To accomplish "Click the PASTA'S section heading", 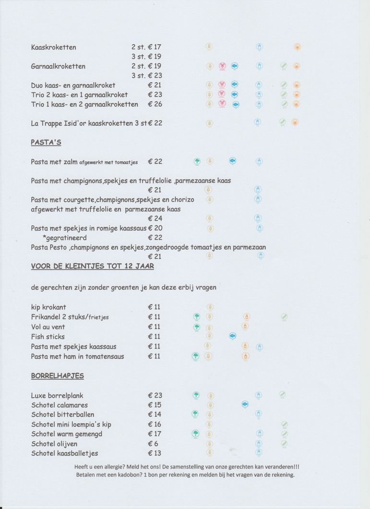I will pos(46,142).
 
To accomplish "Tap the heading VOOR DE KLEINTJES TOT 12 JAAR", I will pos(92,266).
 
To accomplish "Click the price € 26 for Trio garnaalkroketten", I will pos(155,104).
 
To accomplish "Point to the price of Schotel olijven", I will pos(153,444).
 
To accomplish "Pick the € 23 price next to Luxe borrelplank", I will pos(155,396).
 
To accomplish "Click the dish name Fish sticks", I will pos(48,337).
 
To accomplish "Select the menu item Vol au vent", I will pos(48,327).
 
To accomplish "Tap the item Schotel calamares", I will pos(60,405).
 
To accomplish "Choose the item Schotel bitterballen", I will pos(62,415).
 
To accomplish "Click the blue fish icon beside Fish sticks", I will pos(233,336).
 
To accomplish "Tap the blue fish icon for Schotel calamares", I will pos(245,405).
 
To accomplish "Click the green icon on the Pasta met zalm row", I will pos(197,161).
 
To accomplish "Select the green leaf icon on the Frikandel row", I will pos(284,316).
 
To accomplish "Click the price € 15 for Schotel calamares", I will pos(155,405).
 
